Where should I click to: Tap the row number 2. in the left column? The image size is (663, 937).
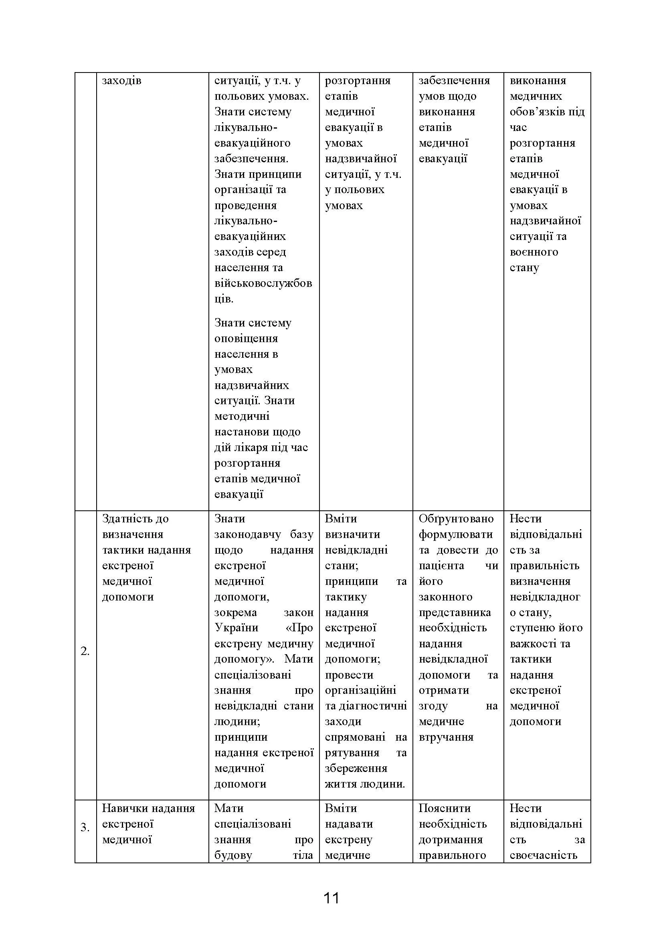tap(85, 652)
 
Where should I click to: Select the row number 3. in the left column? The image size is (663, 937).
tap(85, 828)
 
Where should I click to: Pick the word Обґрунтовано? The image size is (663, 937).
tap(456, 519)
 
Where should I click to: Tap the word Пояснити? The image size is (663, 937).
tap(445, 808)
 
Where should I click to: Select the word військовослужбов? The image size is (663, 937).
tap(263, 283)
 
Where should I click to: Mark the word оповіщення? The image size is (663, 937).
tap(246, 339)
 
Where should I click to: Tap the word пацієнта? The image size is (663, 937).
tap(441, 566)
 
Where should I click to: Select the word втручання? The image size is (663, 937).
tap(446, 737)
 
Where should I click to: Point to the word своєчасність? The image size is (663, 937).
tap(544, 855)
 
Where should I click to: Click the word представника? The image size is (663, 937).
tap(455, 613)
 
